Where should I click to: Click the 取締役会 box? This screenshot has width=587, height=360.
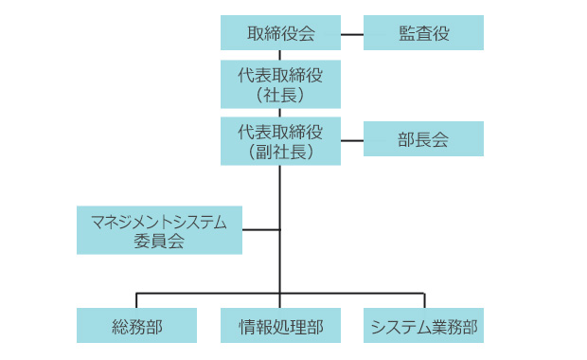pos(280,33)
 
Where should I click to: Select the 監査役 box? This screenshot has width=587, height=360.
pos(423,33)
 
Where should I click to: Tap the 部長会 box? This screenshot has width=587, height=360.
pos(423,139)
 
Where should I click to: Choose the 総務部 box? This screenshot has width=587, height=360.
pos(136,327)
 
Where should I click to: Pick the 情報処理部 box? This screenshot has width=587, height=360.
pos(280,327)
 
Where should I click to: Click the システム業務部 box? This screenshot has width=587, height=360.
pos(423,327)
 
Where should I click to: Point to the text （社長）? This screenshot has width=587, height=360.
pos(280,96)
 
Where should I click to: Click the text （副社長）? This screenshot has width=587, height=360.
pos(280,152)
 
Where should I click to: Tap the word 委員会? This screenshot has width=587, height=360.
pos(159,241)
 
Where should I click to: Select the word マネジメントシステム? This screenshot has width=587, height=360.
pos(159,222)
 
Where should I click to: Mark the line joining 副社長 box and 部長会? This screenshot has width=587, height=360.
pos(351,140)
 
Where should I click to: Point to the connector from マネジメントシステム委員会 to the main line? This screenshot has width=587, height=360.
pos(260,229)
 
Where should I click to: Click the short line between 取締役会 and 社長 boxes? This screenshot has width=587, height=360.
pos(280,56)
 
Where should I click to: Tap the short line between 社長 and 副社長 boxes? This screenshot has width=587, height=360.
pos(280,113)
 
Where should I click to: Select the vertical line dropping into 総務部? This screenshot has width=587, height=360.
pos(136,300)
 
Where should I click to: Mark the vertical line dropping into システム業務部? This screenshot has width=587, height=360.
pos(423,300)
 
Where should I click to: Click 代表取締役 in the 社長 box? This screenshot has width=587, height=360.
pos(280,75)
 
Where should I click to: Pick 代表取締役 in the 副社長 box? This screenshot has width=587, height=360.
pos(280,131)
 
